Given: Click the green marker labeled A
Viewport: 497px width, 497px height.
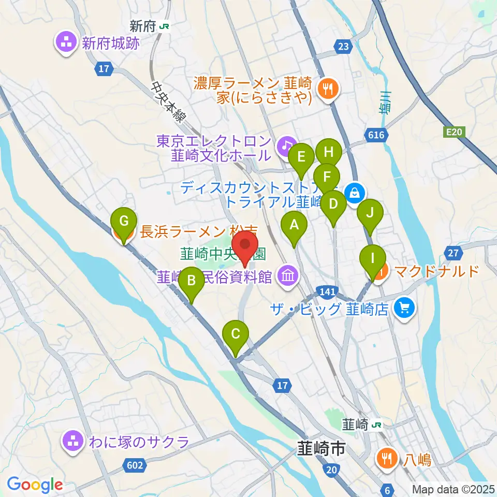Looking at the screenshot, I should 294,225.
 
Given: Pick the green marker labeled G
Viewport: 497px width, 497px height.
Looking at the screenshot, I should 124,222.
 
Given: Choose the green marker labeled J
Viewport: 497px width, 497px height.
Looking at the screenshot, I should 370,213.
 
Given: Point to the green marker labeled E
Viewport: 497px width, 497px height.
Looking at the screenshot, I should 301,156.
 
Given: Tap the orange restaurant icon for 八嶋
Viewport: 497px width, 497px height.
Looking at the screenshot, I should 386,457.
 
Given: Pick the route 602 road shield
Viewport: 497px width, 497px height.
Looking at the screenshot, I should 134,465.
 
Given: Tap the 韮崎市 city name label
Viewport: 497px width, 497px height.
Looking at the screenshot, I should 320,448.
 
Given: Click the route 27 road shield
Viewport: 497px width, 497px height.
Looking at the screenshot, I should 453,253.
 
